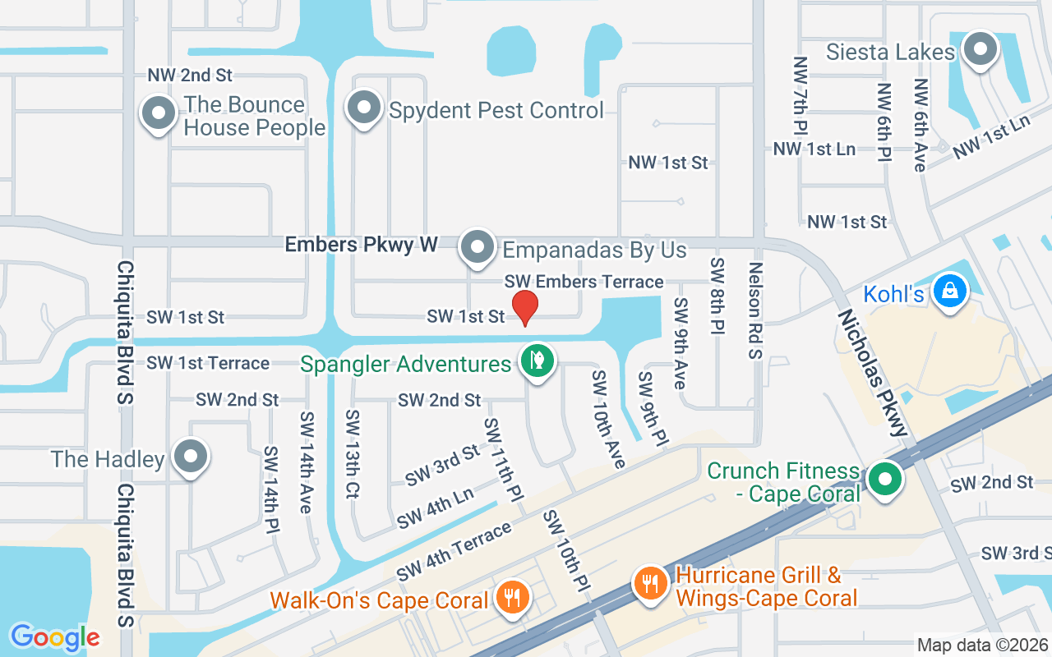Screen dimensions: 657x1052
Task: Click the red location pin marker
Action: (525, 307)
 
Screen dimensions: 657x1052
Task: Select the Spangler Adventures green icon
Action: (537, 361)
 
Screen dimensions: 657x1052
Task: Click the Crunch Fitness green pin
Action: (884, 480)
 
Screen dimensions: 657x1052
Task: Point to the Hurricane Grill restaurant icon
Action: (650, 584)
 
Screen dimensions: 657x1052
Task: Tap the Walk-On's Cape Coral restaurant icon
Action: (513, 596)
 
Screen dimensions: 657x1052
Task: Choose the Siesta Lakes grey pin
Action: (979, 49)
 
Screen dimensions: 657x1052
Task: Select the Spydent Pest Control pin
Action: (362, 108)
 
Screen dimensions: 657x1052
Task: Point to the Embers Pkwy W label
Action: (361, 244)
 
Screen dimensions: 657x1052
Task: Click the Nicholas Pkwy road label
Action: (873, 372)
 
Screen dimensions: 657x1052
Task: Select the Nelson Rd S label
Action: (756, 310)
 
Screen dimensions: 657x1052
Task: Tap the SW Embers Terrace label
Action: (584, 282)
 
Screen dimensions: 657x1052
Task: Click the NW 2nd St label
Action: (190, 76)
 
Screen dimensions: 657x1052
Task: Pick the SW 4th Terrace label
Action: (454, 550)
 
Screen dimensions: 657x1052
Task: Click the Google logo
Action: (55, 637)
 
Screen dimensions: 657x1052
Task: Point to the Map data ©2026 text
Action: (981, 646)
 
